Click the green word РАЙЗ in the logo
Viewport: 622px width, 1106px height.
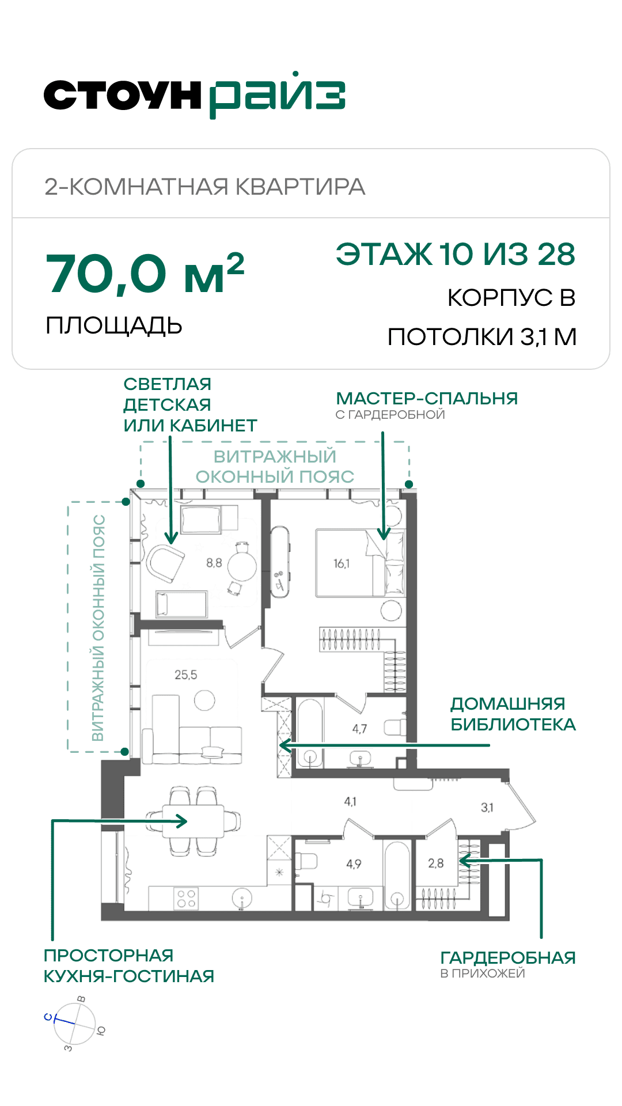[x=277, y=95]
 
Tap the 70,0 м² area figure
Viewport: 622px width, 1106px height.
[x=145, y=274]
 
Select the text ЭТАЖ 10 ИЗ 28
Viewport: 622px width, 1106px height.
[x=456, y=254]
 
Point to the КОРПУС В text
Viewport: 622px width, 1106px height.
[x=511, y=298]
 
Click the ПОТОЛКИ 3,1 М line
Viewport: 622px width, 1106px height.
[x=482, y=337]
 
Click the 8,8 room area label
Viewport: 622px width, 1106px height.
[x=214, y=562]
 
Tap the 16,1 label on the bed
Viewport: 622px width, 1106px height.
[x=342, y=563]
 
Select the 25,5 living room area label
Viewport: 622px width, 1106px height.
[x=186, y=675]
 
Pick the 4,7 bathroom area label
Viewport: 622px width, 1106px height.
[x=359, y=729]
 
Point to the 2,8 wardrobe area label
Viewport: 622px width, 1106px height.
[x=436, y=863]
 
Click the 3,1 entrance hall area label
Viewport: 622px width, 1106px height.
[x=487, y=808]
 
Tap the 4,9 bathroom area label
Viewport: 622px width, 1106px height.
[x=354, y=864]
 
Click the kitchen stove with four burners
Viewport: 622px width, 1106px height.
[x=187, y=899]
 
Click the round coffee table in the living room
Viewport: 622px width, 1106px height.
[x=204, y=700]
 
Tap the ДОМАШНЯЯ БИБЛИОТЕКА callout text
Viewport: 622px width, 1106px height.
[x=513, y=714]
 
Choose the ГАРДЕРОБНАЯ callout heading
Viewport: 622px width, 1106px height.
[x=508, y=957]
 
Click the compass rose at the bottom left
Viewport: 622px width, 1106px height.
[x=75, y=1024]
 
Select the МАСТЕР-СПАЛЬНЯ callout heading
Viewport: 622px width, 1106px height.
[x=427, y=398]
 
